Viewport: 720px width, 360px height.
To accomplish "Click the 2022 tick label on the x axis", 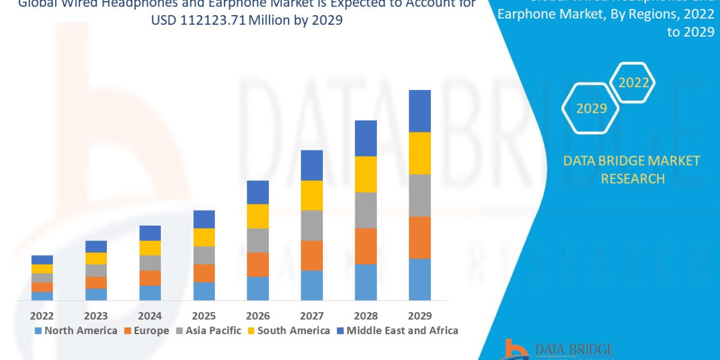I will (x=42, y=316).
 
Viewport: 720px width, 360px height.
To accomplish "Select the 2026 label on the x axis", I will (x=257, y=316).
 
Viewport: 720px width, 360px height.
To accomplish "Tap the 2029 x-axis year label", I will (x=419, y=316).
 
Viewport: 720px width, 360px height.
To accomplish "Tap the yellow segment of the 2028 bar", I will (x=365, y=174).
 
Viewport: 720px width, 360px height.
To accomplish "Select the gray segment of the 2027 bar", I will (x=311, y=226).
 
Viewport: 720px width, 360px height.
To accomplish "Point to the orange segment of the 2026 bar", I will (x=257, y=265).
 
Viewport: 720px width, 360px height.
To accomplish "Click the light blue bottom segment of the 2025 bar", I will (x=204, y=291).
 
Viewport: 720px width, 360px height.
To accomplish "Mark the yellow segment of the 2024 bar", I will (x=150, y=248).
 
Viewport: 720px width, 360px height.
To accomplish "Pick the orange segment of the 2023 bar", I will (x=96, y=283).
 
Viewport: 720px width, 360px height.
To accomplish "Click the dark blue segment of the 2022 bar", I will (x=42, y=260).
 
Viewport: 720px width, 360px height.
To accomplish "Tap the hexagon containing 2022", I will (x=633, y=83).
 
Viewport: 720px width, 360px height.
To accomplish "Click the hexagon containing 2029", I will (x=590, y=109).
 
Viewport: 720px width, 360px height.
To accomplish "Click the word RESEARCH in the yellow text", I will (x=632, y=179).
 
